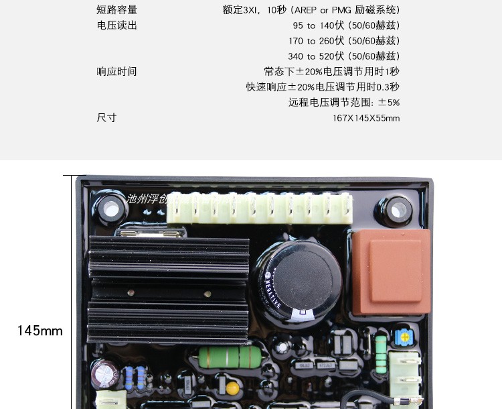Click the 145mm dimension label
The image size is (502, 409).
pos(40,331)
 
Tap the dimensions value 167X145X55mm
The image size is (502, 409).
pos(365,118)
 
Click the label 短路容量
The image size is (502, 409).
pos(117,10)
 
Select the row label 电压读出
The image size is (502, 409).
pos(117,25)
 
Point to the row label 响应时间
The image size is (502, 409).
pos(117,72)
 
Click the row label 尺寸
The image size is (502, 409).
pos(106,118)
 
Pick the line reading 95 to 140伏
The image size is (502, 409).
pos(346,25)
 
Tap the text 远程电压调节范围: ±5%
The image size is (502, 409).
pos(344,103)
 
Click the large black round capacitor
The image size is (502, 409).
pos(298,282)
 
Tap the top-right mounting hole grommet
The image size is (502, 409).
pos(396,211)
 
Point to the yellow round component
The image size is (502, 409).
pos(232,388)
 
